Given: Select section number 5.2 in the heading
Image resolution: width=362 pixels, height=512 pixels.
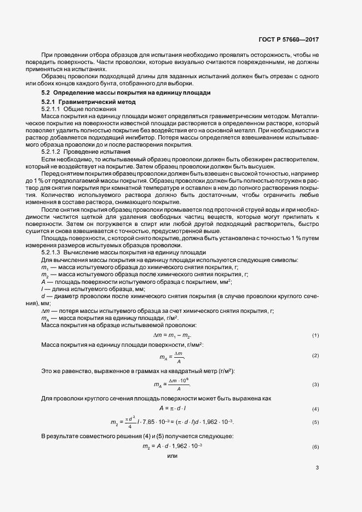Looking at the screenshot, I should point(45,94).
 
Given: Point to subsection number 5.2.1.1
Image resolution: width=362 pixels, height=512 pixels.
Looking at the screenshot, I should point(51,109).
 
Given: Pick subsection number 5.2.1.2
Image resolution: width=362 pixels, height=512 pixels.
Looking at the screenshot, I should point(51,150).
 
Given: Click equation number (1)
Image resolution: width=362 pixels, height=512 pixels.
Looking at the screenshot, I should point(315,335).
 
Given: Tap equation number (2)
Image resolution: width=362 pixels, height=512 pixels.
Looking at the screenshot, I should point(315,356).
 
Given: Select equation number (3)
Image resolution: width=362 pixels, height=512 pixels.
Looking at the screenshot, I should point(315,385).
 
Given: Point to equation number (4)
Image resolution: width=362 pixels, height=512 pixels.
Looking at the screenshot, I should point(315,409).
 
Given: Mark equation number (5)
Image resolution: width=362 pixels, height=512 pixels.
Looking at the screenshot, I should point(315,422).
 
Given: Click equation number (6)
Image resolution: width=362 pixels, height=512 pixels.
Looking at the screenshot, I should point(315,447).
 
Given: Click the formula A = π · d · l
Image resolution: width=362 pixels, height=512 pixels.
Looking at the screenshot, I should point(173,409).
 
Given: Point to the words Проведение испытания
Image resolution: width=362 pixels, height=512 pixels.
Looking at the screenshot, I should point(92,150).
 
